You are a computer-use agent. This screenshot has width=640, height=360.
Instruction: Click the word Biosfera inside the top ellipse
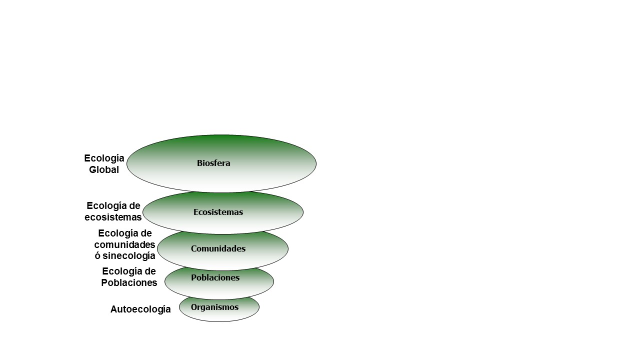point(213,163)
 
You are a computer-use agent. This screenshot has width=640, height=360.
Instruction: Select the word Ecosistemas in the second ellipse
point(218,212)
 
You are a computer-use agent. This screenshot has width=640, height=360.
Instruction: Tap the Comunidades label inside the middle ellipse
point(218,248)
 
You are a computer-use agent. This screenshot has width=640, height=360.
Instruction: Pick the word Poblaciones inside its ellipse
point(215,277)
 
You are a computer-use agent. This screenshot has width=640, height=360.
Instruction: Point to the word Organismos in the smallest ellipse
point(214,307)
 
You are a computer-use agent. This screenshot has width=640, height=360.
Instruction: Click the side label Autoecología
point(140,309)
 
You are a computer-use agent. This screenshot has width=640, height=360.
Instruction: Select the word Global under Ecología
point(104,169)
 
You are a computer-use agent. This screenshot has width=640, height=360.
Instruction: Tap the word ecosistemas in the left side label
point(113,217)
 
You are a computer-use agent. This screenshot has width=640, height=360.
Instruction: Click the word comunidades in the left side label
point(124,244)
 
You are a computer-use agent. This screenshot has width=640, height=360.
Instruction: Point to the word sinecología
point(129,256)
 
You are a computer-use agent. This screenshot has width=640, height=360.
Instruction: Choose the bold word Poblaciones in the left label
point(129,282)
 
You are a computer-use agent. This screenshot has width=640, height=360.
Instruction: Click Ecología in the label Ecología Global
point(104,158)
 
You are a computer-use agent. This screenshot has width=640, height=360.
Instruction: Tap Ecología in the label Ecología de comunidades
point(118,233)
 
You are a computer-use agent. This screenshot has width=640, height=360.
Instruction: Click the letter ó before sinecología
point(97,255)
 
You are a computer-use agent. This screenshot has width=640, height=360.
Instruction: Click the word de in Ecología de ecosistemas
point(135,205)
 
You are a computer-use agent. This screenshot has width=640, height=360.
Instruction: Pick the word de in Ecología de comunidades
point(146,233)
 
